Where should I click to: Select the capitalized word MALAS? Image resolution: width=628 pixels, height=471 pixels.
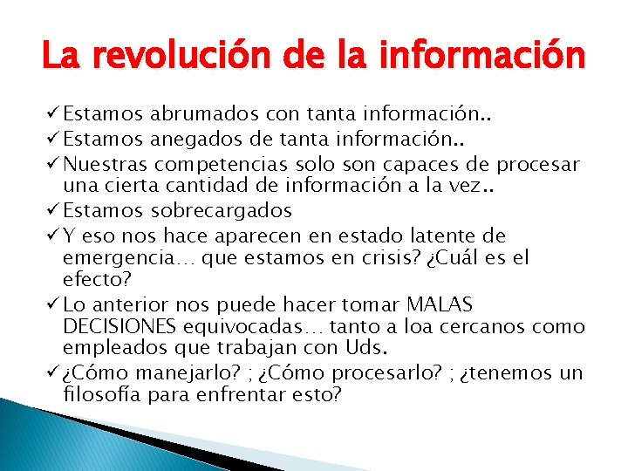(440, 304)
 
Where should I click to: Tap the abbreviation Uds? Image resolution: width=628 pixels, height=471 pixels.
(367, 350)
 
